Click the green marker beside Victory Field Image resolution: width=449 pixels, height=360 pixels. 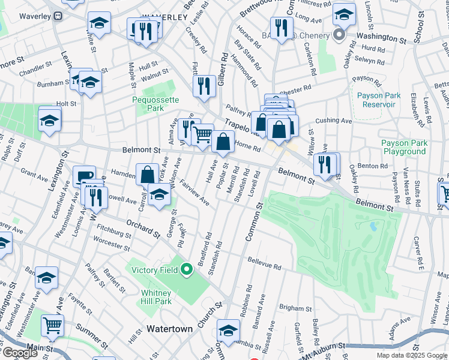(187, 270)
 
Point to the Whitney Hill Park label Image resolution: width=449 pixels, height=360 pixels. (156, 297)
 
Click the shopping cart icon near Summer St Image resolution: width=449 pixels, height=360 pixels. (52, 326)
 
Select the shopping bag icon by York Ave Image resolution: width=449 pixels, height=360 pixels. (147, 175)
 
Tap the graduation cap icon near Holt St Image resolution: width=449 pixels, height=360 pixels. (49, 119)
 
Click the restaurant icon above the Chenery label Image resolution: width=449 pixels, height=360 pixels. (281, 27)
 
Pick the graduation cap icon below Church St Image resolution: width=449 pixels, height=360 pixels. (228, 331)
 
